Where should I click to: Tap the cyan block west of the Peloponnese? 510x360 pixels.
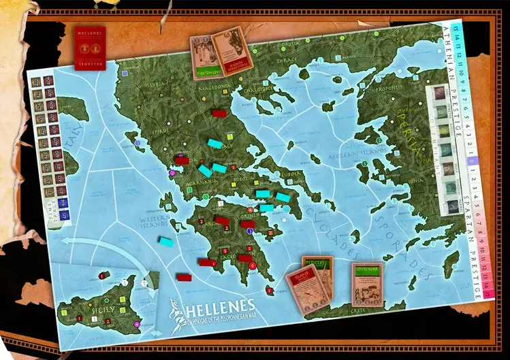tap(165, 240)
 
